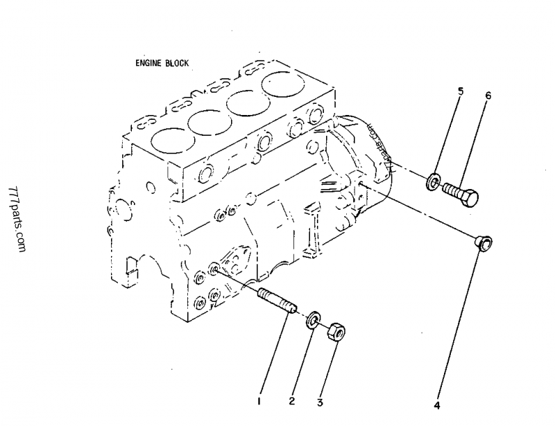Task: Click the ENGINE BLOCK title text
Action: (162, 62)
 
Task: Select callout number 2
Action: (292, 401)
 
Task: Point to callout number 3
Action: (321, 401)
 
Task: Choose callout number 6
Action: (488, 96)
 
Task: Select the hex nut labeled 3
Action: (336, 330)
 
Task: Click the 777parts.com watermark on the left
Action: (18, 220)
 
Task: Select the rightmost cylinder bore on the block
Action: (285, 86)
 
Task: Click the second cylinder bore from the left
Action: (208, 123)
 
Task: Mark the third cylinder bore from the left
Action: (248, 103)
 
